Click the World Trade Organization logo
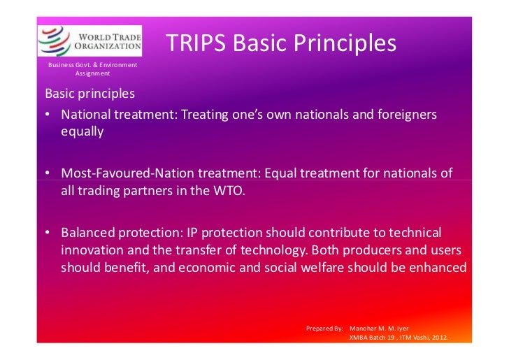tap(89, 41)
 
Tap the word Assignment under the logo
tap(92, 73)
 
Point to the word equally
tap(82, 131)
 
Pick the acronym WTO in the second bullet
tap(227, 190)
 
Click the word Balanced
tap(89, 231)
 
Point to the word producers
tap(375, 250)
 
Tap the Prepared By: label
tap(324, 328)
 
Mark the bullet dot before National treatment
tap(46, 115)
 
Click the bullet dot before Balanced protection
tap(46, 232)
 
